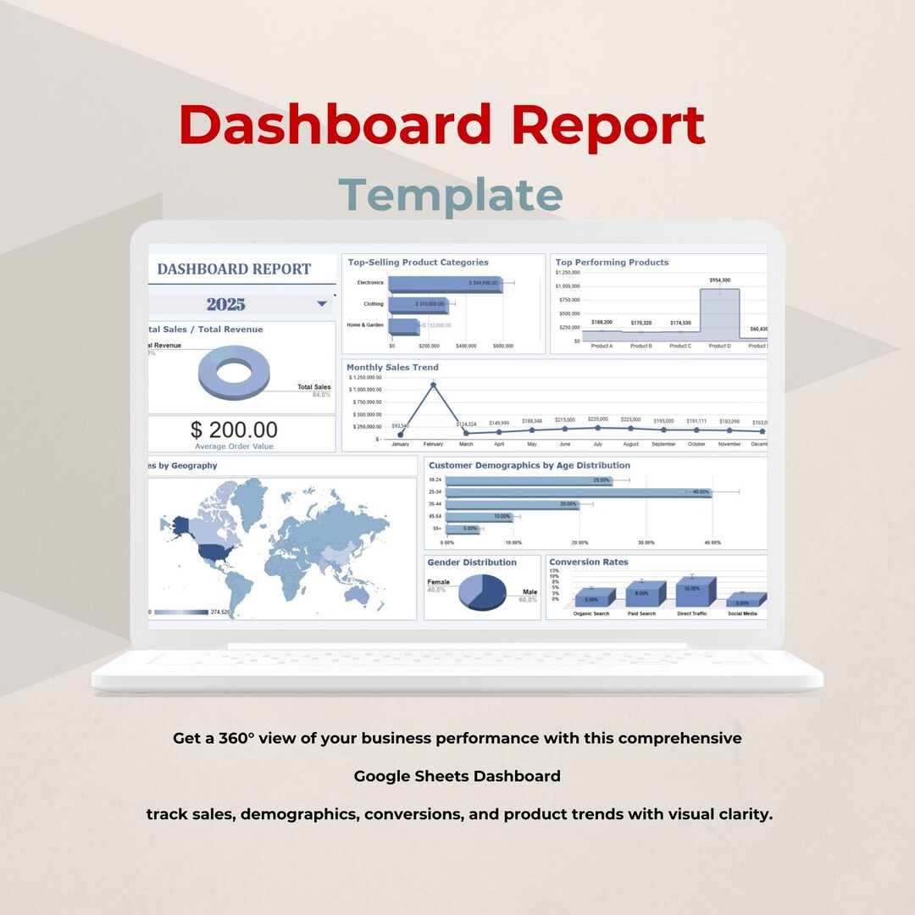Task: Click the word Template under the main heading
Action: click(451, 195)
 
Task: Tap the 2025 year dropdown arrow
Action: click(322, 303)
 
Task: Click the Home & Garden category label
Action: click(365, 325)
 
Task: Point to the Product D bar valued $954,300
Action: click(719, 313)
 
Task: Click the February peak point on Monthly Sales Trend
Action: click(433, 385)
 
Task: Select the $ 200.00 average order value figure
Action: click(234, 430)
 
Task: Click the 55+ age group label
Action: click(435, 529)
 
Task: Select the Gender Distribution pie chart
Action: click(481, 592)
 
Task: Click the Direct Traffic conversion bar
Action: click(694, 591)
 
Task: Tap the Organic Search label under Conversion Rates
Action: click(591, 613)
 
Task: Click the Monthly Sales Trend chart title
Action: click(392, 368)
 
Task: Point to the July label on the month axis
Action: click(597, 444)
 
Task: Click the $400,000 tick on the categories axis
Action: click(466, 347)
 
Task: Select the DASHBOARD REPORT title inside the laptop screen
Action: click(234, 269)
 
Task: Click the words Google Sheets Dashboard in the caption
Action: click(457, 776)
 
